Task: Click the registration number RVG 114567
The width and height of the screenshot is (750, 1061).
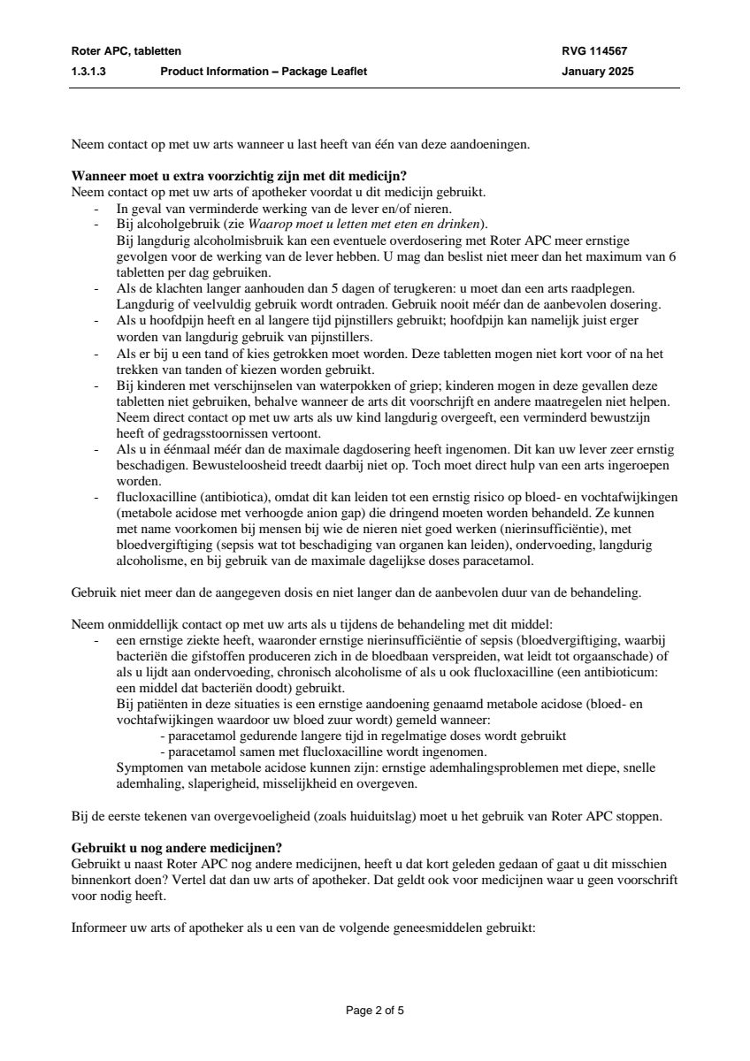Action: click(x=594, y=51)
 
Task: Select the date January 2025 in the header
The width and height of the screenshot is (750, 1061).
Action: click(x=598, y=72)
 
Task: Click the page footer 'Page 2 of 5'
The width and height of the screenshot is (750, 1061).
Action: click(x=375, y=1010)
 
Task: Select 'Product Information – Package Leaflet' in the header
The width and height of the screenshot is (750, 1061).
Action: click(x=264, y=72)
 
